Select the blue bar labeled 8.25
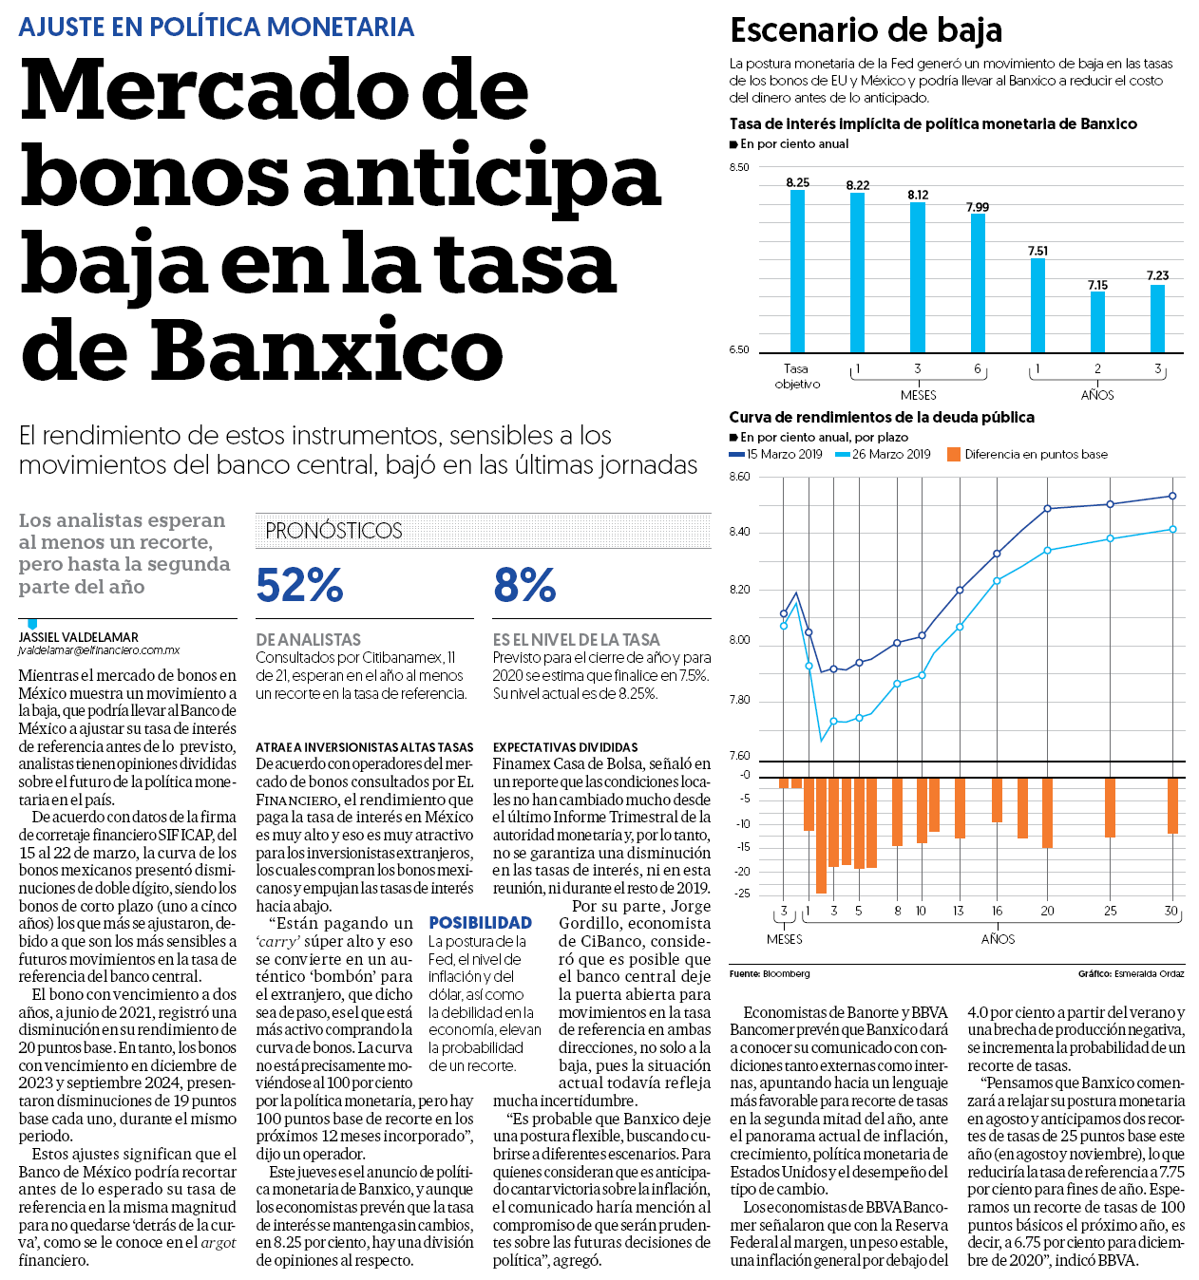pyautogui.click(x=797, y=272)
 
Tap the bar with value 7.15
pyautogui.click(x=1097, y=322)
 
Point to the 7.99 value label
pyautogui.click(x=977, y=207)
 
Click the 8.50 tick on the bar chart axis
pyautogui.click(x=739, y=167)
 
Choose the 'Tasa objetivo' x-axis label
pyautogui.click(x=797, y=376)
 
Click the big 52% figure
pyautogui.click(x=299, y=585)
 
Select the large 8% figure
pyautogui.click(x=524, y=585)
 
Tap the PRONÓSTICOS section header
pyautogui.click(x=333, y=531)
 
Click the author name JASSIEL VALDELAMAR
pyautogui.click(x=78, y=637)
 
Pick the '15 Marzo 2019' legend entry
pyautogui.click(x=776, y=455)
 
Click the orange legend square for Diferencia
pyautogui.click(x=954, y=455)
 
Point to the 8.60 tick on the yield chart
pyautogui.click(x=740, y=477)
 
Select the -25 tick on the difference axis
pyautogui.click(x=742, y=894)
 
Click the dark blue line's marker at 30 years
pyautogui.click(x=1172, y=497)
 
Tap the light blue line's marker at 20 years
pyautogui.click(x=1047, y=551)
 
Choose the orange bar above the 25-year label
pyautogui.click(x=1110, y=807)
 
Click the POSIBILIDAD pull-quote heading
pyautogui.click(x=481, y=923)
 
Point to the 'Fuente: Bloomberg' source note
pyautogui.click(x=770, y=974)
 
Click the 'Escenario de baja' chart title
pyautogui.click(x=866, y=31)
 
